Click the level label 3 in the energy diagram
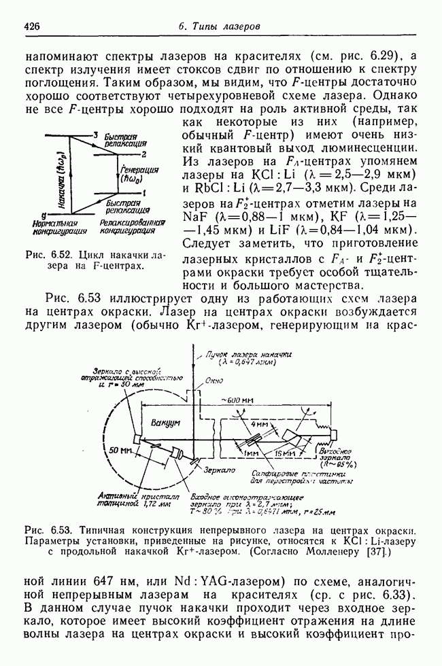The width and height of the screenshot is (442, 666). click(x=97, y=134)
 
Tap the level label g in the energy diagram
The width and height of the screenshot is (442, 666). click(x=43, y=213)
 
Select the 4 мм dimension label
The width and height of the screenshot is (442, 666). click(x=258, y=424)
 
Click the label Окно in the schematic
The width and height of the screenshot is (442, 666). click(x=214, y=382)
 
